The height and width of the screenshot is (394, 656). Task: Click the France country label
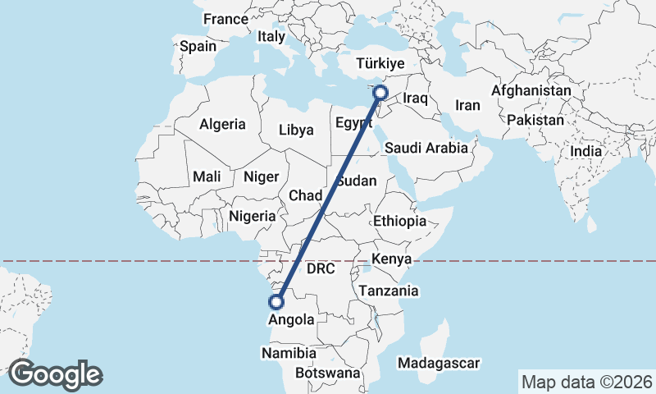(225, 19)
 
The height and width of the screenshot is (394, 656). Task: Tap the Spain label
(198, 46)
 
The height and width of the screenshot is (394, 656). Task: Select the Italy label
(271, 37)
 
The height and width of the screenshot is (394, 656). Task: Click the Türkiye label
(380, 63)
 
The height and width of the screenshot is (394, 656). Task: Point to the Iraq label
(416, 98)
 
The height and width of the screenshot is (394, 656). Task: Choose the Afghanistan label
(531, 90)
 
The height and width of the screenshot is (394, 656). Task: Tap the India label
(586, 151)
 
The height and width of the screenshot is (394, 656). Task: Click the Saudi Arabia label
(426, 149)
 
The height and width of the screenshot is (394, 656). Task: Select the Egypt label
(354, 123)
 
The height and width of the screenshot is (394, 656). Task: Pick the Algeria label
(222, 124)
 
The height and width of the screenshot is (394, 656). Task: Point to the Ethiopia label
(399, 221)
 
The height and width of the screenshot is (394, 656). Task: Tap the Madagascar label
(438, 363)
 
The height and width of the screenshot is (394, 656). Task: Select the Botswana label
(329, 373)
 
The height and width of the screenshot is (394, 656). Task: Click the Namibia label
(288, 353)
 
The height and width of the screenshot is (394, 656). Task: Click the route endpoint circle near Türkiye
(380, 93)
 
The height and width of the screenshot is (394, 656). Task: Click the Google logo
(55, 374)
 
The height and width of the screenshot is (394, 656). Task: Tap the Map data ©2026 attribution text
(587, 382)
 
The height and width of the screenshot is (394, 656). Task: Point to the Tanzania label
(388, 291)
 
